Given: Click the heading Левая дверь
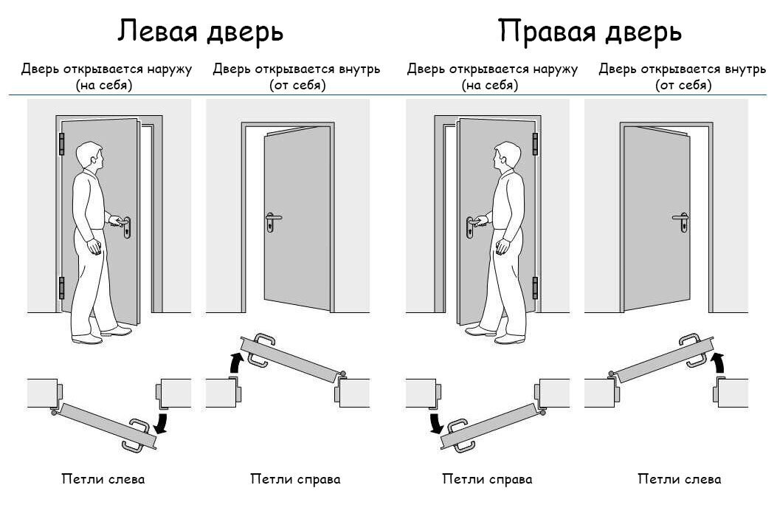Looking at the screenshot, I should [x=201, y=31].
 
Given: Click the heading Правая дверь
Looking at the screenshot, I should [x=589, y=31].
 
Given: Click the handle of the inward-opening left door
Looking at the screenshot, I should [x=272, y=219].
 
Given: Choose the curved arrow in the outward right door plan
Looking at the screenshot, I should [x=436, y=423].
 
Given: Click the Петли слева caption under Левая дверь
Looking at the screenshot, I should [x=103, y=479].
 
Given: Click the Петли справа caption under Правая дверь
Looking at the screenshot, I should [x=487, y=479].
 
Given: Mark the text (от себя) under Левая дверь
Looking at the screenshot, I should [x=297, y=86].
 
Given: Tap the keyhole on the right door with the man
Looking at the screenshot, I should [x=469, y=233].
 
